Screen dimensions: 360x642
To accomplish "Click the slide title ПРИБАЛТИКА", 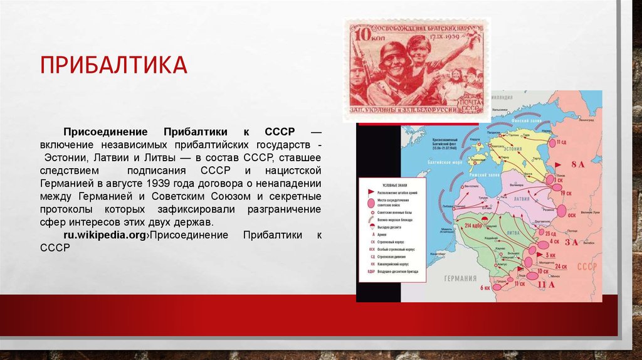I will [x=114, y=65].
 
